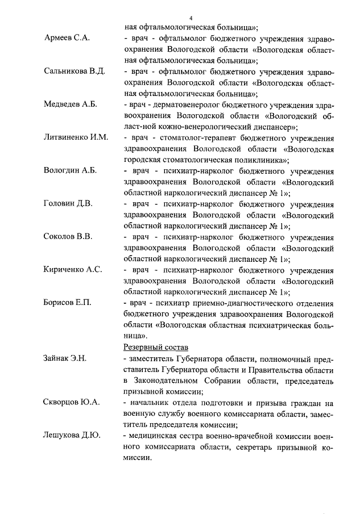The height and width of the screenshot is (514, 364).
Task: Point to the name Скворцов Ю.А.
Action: [71, 402]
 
